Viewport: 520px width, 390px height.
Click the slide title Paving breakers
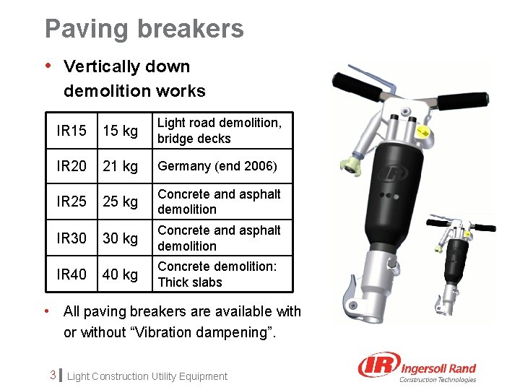coord(144,29)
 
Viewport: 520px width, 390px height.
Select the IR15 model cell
coord(71,131)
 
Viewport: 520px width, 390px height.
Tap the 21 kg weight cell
coord(120,166)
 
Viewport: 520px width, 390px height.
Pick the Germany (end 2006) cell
coord(217,166)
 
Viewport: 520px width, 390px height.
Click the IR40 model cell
coord(71,274)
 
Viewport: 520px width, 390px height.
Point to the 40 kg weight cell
coord(120,274)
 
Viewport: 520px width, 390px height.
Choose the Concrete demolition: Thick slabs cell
coord(217,274)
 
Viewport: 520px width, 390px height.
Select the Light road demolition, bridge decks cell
coord(220,131)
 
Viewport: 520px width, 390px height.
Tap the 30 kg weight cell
coord(120,238)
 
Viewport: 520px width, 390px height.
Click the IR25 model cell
coord(71,201)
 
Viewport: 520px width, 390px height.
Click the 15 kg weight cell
coord(120,131)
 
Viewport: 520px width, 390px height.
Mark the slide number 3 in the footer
coord(53,376)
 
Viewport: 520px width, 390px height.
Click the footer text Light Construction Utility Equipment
coord(147,376)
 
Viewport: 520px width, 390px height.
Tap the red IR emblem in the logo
coord(377,366)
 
